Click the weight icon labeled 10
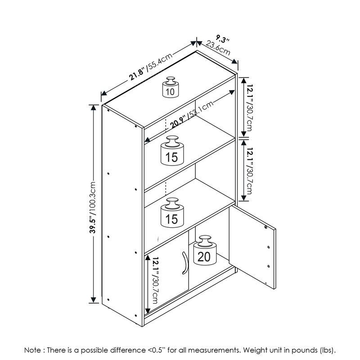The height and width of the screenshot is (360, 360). point(171,87)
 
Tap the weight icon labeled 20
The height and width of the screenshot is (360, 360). point(205,250)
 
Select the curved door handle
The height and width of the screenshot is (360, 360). point(185,263)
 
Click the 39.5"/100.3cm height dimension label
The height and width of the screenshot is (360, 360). point(93,207)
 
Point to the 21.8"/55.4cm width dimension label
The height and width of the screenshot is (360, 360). point(151,67)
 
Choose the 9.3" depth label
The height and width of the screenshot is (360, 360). point(222,39)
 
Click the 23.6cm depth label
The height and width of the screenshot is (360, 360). point(218,48)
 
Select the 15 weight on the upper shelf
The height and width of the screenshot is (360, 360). point(172,150)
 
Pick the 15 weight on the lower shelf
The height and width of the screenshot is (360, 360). point(172,212)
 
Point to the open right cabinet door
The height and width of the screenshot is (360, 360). point(252,247)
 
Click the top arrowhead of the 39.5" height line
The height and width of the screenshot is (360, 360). point(93,108)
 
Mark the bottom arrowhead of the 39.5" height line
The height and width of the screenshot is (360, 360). point(93,299)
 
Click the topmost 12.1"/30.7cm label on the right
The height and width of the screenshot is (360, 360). point(250,108)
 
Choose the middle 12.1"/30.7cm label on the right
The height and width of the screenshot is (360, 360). point(250,171)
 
